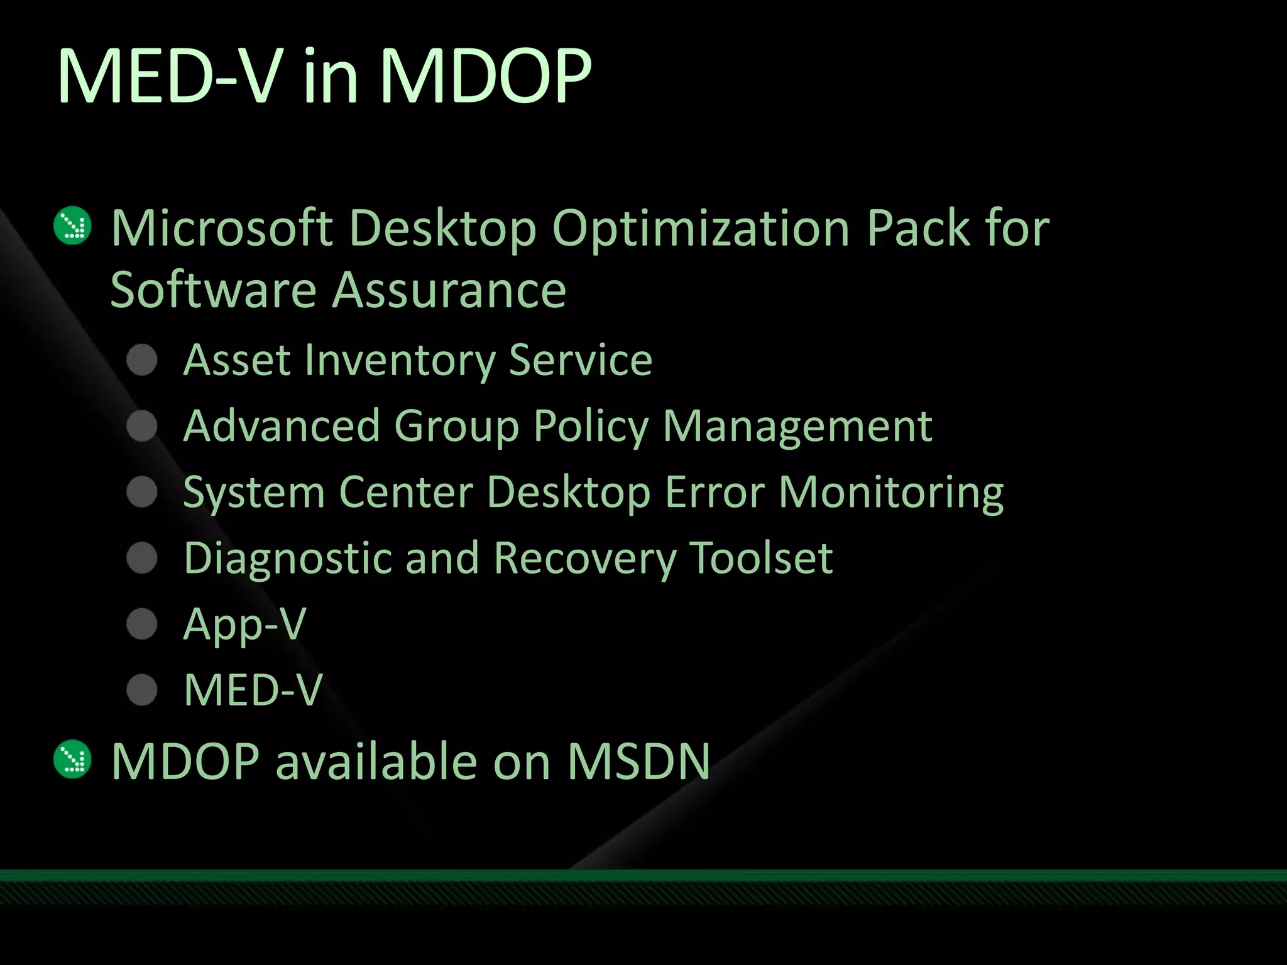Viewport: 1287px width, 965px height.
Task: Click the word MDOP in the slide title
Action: (x=485, y=77)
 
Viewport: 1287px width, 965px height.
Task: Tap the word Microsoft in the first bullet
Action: (x=222, y=227)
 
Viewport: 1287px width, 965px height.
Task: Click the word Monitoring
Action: (x=891, y=493)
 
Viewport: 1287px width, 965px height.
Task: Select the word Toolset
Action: (x=761, y=558)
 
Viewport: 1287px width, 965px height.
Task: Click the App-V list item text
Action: (x=244, y=624)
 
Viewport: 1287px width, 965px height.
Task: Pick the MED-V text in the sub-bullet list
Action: (x=253, y=690)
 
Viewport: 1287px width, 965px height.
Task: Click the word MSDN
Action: (x=638, y=761)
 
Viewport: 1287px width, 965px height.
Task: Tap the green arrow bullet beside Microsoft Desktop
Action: (x=73, y=226)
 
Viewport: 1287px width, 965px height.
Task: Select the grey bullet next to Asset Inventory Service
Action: (x=142, y=360)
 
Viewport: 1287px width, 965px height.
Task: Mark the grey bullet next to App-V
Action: (x=142, y=624)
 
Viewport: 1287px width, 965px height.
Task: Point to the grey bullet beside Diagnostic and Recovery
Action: (x=142, y=558)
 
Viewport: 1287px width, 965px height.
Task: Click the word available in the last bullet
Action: (x=376, y=761)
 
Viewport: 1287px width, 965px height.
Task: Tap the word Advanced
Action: (x=282, y=426)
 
